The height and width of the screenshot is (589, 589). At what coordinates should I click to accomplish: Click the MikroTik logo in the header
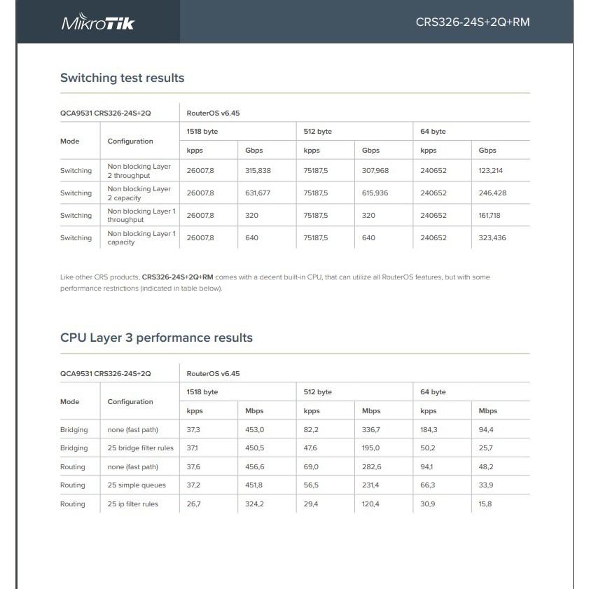pyautogui.click(x=98, y=22)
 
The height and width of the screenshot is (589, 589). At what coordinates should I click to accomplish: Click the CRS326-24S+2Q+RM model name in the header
pyautogui.click(x=473, y=22)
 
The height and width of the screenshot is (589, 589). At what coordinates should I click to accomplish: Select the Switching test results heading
pyautogui.click(x=122, y=78)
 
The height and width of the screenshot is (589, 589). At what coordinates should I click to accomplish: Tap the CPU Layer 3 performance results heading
pyautogui.click(x=156, y=338)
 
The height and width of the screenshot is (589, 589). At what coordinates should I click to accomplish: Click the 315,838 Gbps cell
pyautogui.click(x=258, y=171)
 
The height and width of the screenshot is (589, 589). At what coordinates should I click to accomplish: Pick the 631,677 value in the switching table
pyautogui.click(x=258, y=193)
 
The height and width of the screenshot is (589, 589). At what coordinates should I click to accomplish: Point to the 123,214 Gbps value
pyautogui.click(x=491, y=171)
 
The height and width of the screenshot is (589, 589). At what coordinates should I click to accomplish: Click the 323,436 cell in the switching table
pyautogui.click(x=492, y=238)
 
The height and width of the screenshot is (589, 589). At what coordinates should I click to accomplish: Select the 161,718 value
pyautogui.click(x=490, y=216)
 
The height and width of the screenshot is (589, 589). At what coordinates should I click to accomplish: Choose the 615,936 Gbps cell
pyautogui.click(x=375, y=193)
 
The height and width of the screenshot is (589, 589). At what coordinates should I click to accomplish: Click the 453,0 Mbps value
pyautogui.click(x=255, y=430)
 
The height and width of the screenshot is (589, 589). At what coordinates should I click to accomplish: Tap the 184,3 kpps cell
pyautogui.click(x=429, y=430)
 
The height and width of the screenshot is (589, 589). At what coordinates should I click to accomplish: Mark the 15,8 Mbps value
pyautogui.click(x=485, y=504)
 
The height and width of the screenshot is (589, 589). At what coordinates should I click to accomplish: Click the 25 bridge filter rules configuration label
pyautogui.click(x=141, y=448)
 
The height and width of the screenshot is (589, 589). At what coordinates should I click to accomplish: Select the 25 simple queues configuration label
pyautogui.click(x=137, y=485)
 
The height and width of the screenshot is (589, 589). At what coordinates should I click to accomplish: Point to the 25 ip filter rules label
pyautogui.click(x=133, y=504)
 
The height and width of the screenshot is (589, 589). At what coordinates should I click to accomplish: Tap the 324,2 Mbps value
pyautogui.click(x=255, y=504)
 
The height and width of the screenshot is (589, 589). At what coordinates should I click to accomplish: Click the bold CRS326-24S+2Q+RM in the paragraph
pyautogui.click(x=177, y=277)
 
